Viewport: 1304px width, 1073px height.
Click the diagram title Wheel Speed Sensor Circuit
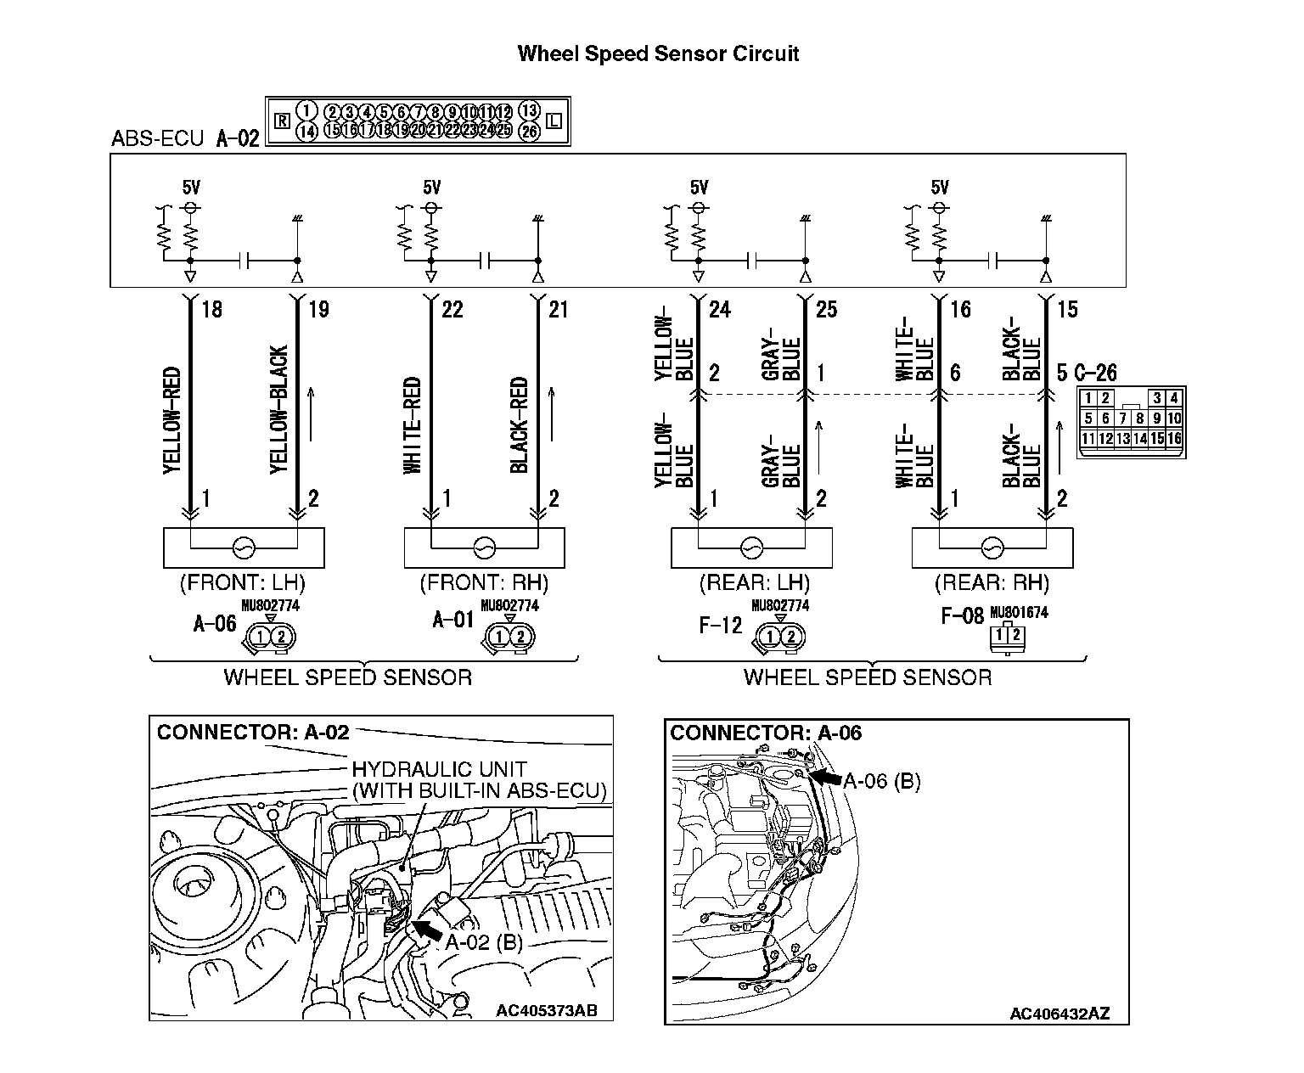[x=658, y=54]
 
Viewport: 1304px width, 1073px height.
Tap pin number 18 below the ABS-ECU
[x=211, y=310]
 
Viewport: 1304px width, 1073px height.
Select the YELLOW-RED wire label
[x=171, y=419]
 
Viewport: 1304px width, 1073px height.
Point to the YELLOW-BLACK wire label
[x=278, y=409]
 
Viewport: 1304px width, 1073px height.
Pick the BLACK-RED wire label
[x=520, y=424]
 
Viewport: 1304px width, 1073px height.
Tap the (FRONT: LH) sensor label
[x=242, y=584]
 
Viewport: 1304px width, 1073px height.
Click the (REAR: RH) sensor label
[x=992, y=584]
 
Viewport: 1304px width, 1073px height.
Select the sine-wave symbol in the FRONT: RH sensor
[x=485, y=548]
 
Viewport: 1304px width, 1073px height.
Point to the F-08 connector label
[x=962, y=615]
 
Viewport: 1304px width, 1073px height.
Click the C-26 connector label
[x=1095, y=373]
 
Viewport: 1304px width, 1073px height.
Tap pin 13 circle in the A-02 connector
[x=529, y=111]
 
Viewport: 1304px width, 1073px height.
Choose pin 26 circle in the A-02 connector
[x=529, y=131]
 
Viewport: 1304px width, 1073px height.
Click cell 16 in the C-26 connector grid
[x=1174, y=439]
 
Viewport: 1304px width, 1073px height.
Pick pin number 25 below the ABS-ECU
[x=826, y=310]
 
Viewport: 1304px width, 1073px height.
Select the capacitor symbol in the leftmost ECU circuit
[x=245, y=260]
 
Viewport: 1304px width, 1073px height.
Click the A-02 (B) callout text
[x=484, y=942]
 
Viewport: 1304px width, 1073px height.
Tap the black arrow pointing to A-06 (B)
[x=824, y=777]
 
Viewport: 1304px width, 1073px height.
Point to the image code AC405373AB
[x=547, y=1010]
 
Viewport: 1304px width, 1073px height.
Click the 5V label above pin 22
[x=432, y=188]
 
